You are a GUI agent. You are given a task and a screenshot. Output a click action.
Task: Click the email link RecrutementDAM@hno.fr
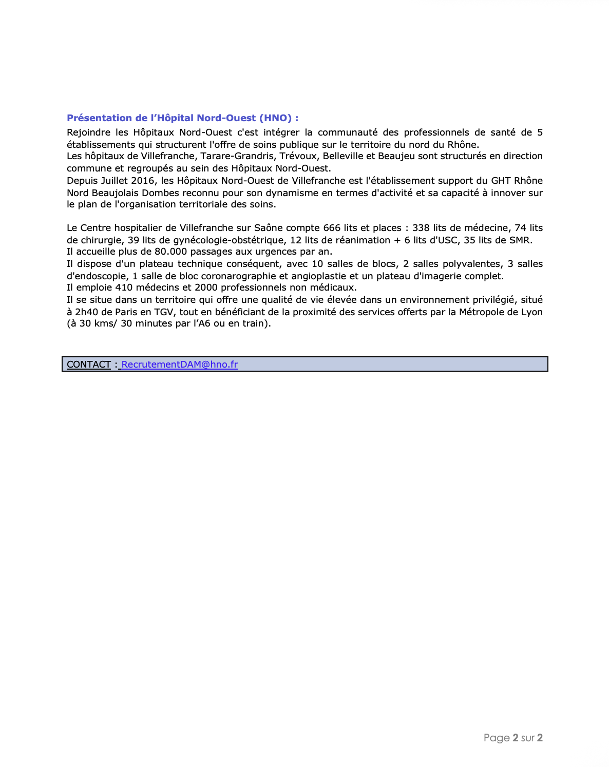point(180,365)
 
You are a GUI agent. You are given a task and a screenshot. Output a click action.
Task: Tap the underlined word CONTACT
point(89,365)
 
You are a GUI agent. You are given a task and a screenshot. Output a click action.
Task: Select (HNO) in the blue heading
point(275,118)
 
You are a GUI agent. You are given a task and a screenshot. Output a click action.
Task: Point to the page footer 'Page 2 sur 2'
point(513,738)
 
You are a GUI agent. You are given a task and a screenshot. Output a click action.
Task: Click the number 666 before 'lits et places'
point(332,228)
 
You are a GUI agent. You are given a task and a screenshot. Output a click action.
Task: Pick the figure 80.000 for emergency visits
point(170,252)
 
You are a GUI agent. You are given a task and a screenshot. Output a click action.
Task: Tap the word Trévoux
point(298,156)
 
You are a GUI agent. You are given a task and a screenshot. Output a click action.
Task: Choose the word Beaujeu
point(396,156)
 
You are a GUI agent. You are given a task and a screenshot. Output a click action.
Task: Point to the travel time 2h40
point(86,312)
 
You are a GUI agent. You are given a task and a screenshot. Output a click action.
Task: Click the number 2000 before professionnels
point(206,287)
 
